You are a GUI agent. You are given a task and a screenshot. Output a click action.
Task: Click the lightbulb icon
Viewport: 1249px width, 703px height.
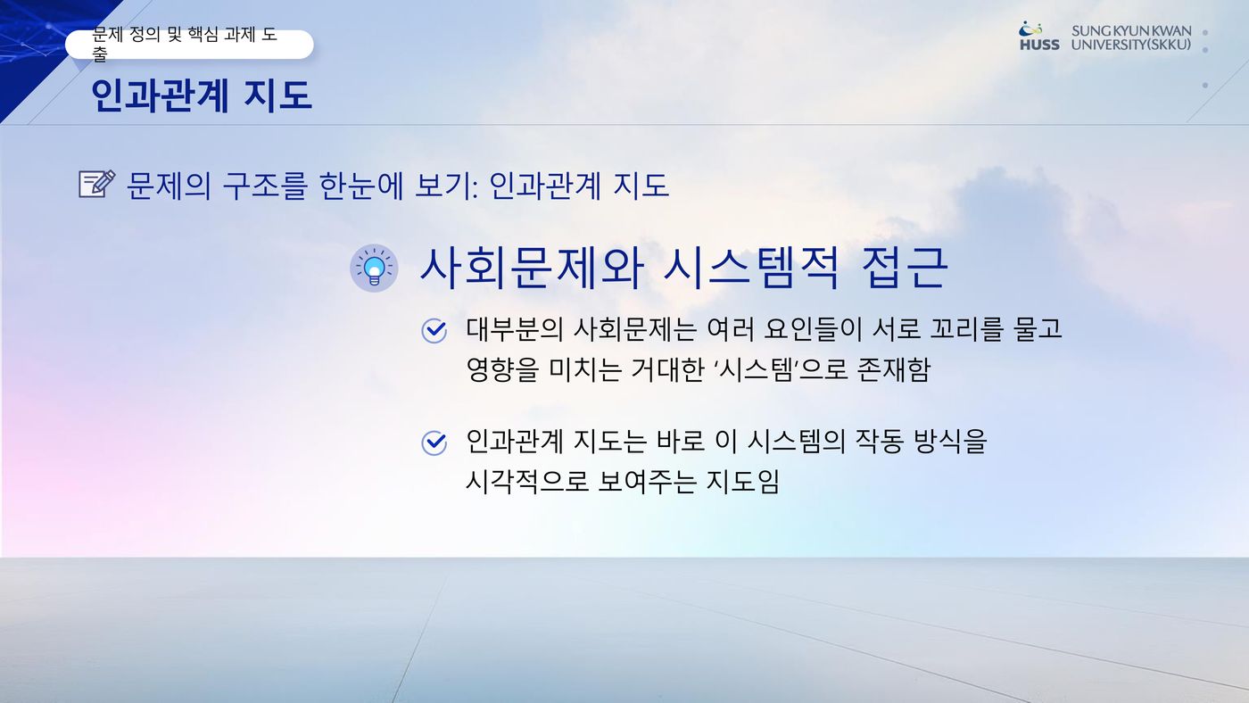(x=374, y=269)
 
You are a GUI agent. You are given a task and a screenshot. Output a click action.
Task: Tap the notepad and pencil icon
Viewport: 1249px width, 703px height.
(x=97, y=184)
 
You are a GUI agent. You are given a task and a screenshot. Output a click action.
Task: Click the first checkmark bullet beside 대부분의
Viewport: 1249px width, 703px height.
(x=434, y=331)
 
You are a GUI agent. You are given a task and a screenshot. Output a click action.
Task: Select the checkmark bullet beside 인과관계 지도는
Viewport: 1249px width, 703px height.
(x=434, y=443)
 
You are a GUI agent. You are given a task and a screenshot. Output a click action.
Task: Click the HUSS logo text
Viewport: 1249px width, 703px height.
(x=1039, y=45)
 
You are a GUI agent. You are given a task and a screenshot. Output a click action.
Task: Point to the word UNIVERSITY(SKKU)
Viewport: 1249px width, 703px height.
(x=1131, y=45)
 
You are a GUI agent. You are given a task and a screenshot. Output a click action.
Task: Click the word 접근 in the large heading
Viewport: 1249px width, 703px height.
(x=905, y=269)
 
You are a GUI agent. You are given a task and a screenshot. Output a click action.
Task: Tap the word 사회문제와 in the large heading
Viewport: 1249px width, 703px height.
(x=532, y=269)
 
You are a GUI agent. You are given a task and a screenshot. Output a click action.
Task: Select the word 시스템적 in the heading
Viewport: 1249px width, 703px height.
(x=751, y=269)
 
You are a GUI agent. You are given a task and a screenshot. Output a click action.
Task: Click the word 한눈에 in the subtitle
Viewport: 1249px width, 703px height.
(x=360, y=186)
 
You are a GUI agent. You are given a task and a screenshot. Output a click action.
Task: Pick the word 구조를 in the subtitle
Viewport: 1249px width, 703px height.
(x=265, y=186)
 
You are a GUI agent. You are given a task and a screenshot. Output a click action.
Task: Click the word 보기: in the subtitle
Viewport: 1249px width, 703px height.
(x=447, y=186)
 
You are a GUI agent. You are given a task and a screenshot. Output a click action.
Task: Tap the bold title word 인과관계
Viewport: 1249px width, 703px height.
(x=160, y=95)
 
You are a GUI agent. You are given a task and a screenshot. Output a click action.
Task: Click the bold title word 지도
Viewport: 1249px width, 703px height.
(x=277, y=95)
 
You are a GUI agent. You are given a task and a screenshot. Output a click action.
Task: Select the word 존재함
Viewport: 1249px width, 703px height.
(x=894, y=369)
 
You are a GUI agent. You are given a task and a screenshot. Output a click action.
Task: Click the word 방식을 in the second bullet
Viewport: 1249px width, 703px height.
(x=950, y=442)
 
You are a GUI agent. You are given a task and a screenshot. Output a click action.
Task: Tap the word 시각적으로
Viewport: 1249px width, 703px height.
(x=527, y=482)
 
